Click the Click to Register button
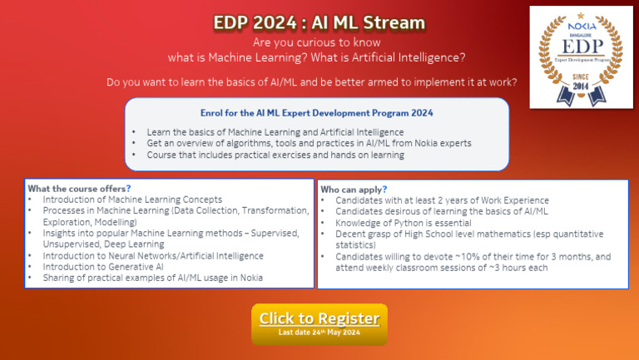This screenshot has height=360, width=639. coord(319,318)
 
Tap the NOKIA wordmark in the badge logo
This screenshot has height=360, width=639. coord(582,26)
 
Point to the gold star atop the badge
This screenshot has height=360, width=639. coord(582,16)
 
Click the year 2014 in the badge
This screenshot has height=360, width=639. coord(582,86)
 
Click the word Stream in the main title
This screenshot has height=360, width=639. coord(394,22)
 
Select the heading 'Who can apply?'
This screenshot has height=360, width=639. coord(354,190)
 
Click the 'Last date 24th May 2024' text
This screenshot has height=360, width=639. coord(319,333)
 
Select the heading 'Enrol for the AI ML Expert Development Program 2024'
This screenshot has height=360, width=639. coord(316,112)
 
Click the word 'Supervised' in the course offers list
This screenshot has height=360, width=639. coord(275,234)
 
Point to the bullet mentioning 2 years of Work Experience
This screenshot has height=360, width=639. coord(441,200)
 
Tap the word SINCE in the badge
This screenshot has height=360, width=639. coord(582,76)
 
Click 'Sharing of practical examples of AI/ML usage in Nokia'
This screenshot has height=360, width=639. coord(152,279)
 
